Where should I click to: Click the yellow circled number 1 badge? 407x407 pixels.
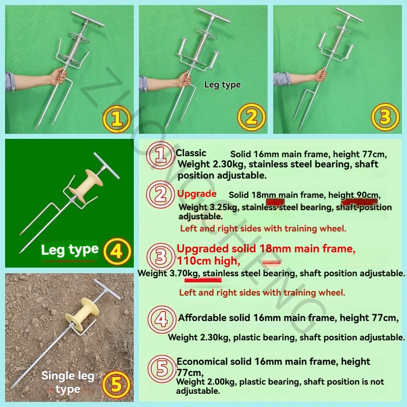[117, 119]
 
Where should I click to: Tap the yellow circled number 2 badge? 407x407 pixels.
[251, 117]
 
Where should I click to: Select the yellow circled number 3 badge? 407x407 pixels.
[385, 117]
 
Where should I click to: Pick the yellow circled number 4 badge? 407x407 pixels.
[117, 251]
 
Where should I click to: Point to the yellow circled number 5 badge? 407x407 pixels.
[117, 385]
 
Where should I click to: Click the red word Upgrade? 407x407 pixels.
[197, 194]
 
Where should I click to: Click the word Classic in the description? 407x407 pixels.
[191, 153]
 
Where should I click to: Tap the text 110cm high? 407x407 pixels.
[209, 260]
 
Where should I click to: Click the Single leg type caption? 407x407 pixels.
[68, 383]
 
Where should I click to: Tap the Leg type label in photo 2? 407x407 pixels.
[222, 84]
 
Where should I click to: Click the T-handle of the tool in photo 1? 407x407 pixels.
[88, 19]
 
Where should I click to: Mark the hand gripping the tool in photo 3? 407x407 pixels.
[322, 74]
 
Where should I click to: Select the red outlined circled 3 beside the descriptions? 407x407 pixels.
[161, 256]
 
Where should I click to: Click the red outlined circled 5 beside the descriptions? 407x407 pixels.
[162, 368]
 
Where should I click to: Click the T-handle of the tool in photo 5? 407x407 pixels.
[107, 289]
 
